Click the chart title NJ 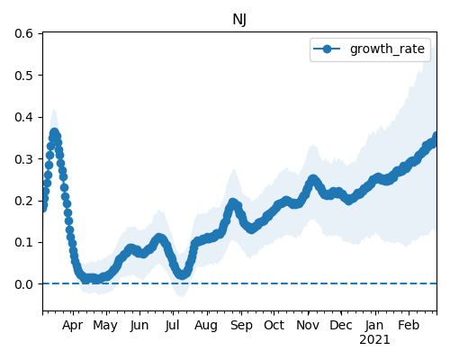(x=239, y=20)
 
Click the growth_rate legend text (x=387, y=49)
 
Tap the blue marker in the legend (x=327, y=49)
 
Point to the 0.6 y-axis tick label (x=23, y=33)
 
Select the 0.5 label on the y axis (x=23, y=76)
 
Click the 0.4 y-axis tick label (x=23, y=117)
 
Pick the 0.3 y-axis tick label (x=23, y=159)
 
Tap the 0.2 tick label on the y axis (x=23, y=201)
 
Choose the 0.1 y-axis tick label (x=23, y=242)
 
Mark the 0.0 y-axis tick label (x=23, y=284)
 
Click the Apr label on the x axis (x=73, y=326)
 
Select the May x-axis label (x=105, y=326)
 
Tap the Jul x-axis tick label (x=172, y=326)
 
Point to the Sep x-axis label (x=241, y=326)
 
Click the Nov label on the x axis (x=308, y=326)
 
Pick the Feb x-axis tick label (x=409, y=326)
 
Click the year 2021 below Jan (x=374, y=340)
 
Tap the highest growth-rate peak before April (x=54, y=132)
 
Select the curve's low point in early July (x=182, y=274)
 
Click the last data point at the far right (x=436, y=136)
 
